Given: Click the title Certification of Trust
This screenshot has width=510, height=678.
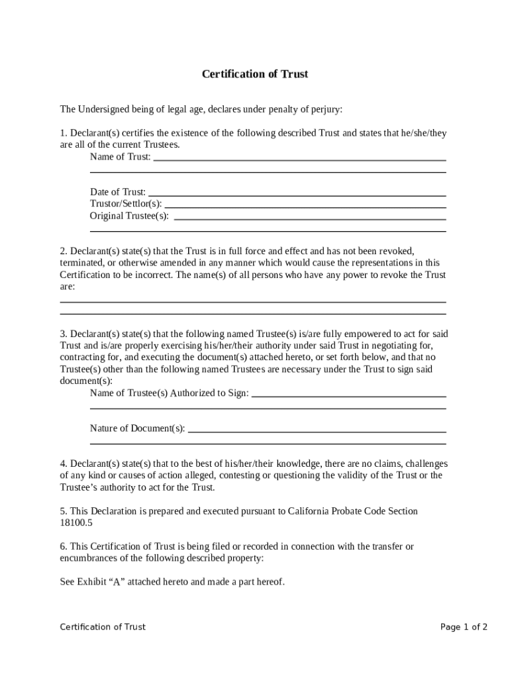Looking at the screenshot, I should pos(255,74).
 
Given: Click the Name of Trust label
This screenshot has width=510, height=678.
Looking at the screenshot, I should pos(120,157).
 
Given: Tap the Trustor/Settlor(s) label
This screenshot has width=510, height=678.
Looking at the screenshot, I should pos(125,204).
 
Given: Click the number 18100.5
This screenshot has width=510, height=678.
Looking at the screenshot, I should pos(76,522).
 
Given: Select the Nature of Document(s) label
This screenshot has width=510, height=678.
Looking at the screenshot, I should pos(137,428).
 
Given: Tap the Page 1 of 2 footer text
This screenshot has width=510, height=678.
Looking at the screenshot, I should pos(464,627).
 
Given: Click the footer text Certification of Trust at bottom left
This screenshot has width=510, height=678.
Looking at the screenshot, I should pos(103,627).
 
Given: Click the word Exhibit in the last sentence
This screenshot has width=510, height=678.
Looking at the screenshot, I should pos(91,582).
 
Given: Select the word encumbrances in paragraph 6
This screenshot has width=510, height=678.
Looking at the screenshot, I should pos(89,558).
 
